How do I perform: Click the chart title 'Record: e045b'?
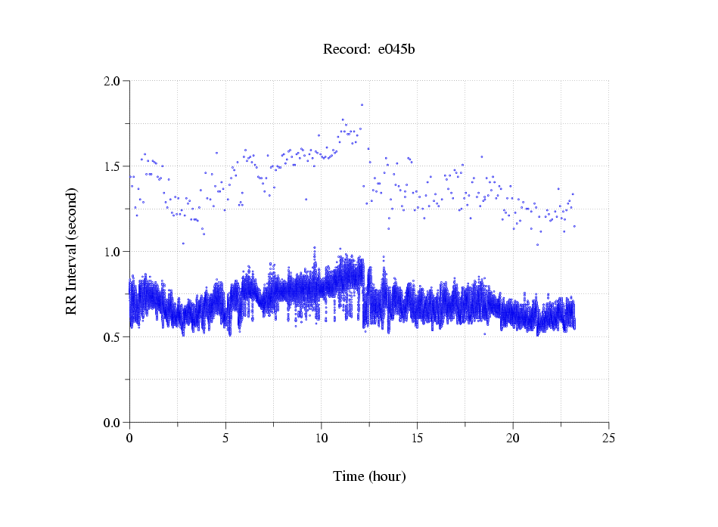(369, 50)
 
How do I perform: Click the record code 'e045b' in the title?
(396, 50)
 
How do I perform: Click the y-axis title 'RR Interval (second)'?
(71, 250)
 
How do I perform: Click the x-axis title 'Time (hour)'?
(369, 476)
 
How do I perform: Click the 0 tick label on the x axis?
(129, 438)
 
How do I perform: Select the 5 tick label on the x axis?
(225, 438)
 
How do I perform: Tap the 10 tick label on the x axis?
(321, 438)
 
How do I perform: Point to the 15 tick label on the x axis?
(417, 438)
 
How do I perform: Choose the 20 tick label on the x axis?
(513, 438)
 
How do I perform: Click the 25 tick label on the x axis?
(608, 438)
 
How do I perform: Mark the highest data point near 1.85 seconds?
(362, 105)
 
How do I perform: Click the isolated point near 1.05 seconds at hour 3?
(183, 243)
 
